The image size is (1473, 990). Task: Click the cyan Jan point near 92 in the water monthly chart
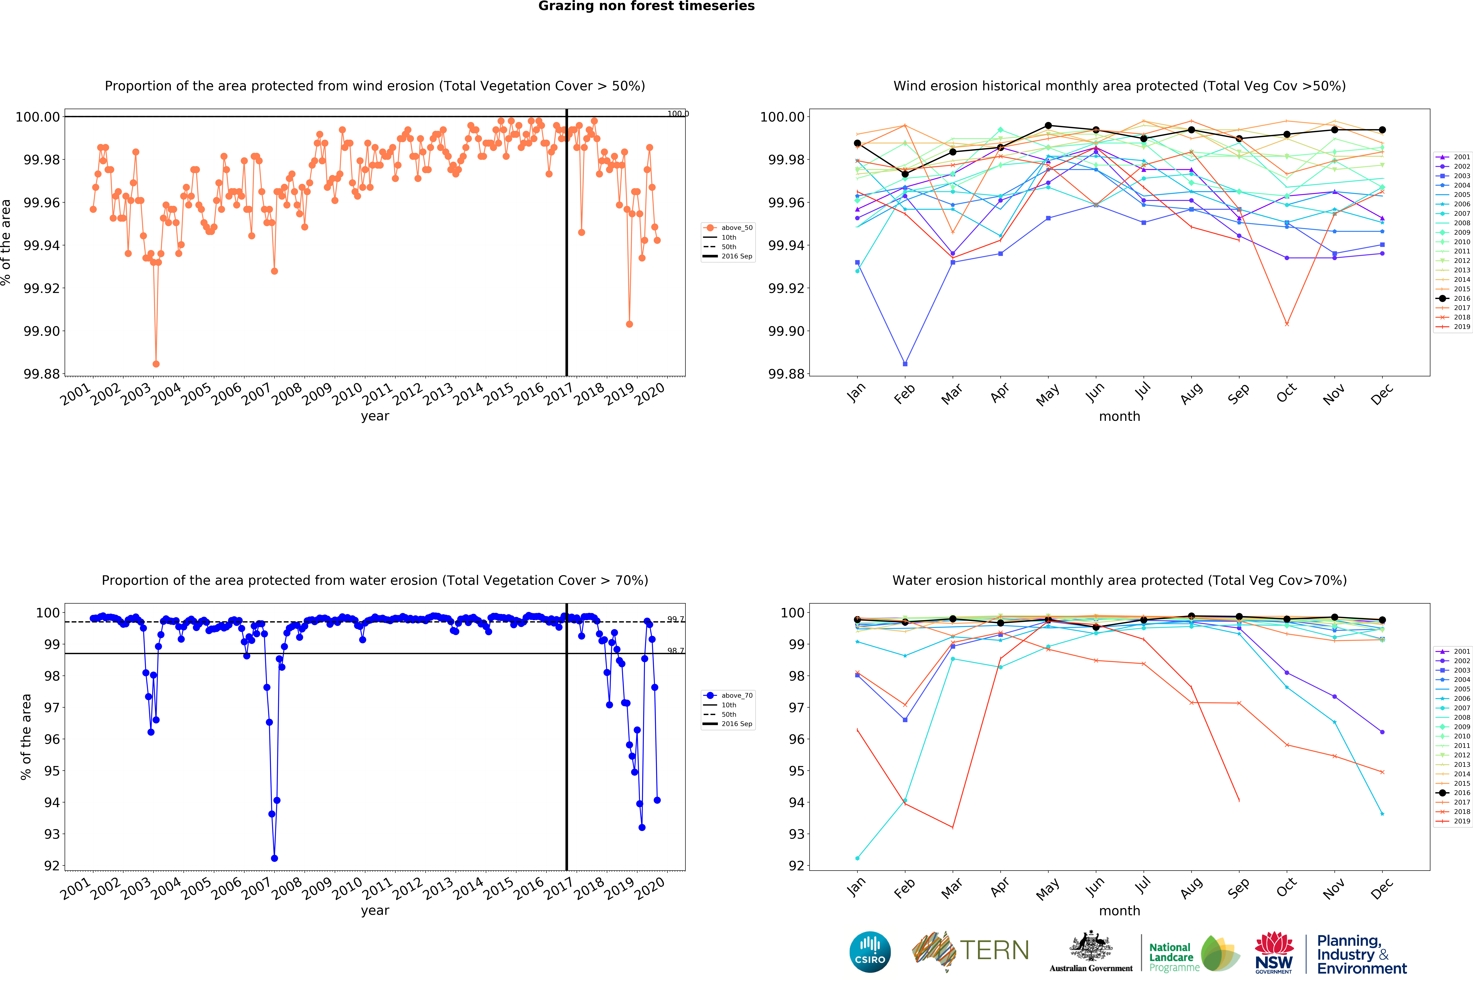pos(857,858)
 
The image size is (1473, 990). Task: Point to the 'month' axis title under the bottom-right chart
pos(1119,910)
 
